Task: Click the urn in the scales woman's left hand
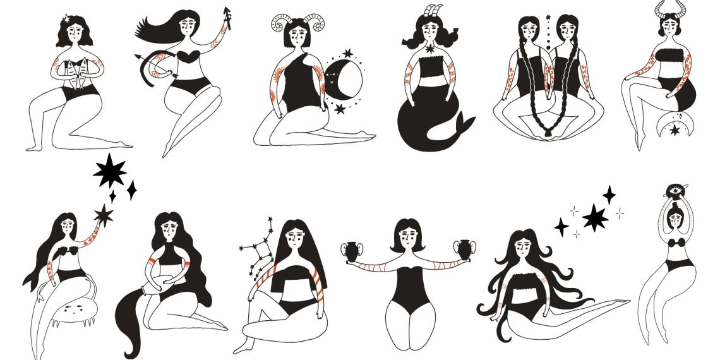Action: [x=351, y=249]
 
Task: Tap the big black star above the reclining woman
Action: [x=595, y=219]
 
